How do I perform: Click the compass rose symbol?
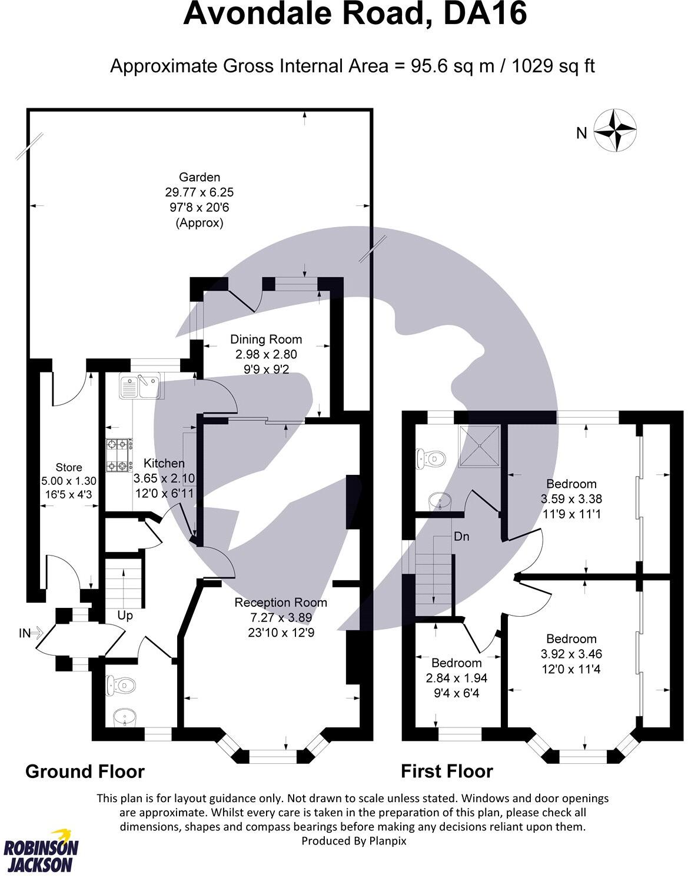pos(615,130)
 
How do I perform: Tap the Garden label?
pos(200,177)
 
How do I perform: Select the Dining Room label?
pos(266,340)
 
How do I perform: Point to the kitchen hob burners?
pos(118,456)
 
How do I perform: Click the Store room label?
pos(69,468)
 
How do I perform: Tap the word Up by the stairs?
pos(125,616)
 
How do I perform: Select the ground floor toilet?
pos(122,685)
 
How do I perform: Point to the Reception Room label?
pos(281,603)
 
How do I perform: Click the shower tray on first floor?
pos(481,445)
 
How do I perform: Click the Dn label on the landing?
pos(461,537)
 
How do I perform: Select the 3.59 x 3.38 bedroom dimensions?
pos(571,499)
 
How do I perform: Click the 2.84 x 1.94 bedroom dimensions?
pos(456,678)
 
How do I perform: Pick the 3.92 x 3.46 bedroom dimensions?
pos(571,654)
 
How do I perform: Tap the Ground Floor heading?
pos(85,772)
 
